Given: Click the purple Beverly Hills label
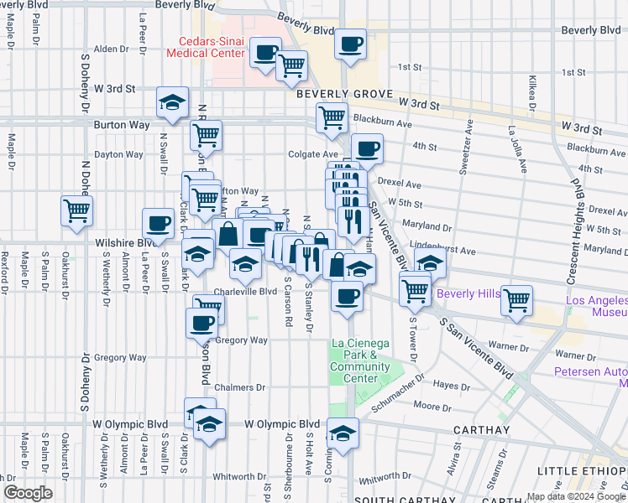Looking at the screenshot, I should click(x=468, y=294).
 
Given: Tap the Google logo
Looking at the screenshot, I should click(x=27, y=493).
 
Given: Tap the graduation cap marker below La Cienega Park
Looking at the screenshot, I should click(x=343, y=433).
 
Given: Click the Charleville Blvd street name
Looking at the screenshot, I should click(x=244, y=292).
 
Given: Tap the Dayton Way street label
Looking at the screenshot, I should click(x=118, y=154).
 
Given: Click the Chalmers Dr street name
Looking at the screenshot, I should click(x=239, y=387).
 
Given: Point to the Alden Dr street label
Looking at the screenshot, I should click(x=110, y=49).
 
